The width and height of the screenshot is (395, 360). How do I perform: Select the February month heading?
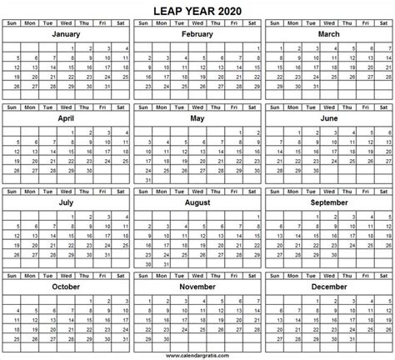point(197,37)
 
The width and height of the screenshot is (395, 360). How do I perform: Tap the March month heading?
point(327,37)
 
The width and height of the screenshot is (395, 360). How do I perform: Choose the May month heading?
point(197,119)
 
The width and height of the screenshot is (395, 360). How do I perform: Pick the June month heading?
point(327,119)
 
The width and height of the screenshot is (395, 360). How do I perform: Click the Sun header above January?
point(11,23)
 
